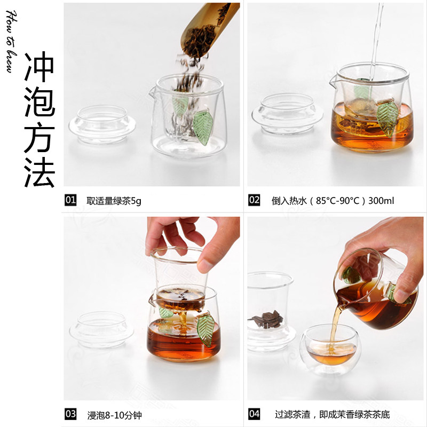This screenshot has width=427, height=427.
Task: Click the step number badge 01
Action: pos(70,200)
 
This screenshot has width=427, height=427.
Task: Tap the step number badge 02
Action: pos(254,200)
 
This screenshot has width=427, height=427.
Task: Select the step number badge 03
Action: pos(70,414)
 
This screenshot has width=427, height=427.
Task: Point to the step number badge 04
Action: pos(254,414)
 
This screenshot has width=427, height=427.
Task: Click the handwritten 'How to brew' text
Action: pos(11,42)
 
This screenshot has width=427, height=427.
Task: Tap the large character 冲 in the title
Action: pos(39,67)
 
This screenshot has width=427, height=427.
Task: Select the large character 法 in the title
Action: pos(39,172)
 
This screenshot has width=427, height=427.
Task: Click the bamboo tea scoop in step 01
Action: pos(208,30)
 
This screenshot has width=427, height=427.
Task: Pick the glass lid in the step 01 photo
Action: pos(102,124)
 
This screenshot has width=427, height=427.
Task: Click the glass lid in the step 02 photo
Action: pos(287,114)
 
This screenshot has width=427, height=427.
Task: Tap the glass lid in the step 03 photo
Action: pos(101,329)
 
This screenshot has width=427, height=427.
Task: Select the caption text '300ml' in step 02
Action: pos(381,201)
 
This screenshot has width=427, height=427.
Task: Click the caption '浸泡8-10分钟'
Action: pos(114,415)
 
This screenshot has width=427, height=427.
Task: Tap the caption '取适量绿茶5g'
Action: pos(114,201)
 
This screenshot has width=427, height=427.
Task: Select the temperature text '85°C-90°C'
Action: pos(338,201)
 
